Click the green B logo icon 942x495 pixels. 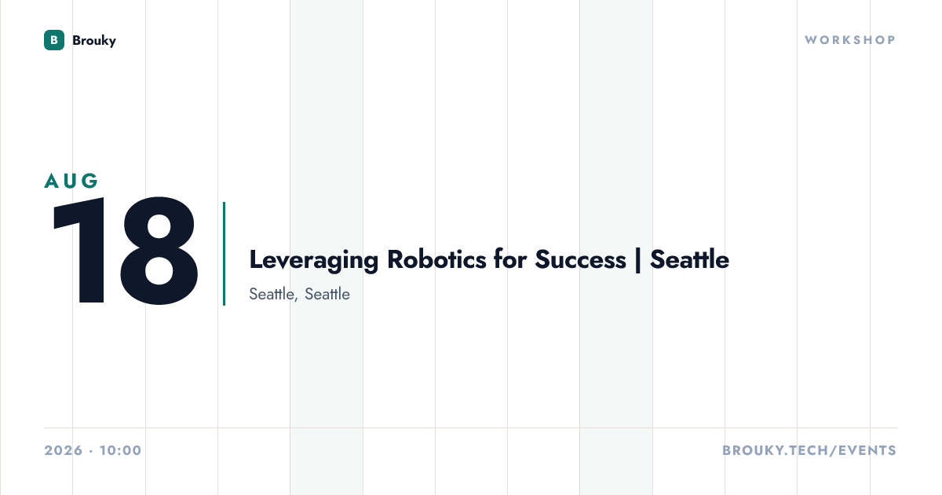[x=54, y=40]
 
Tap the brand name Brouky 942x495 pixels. [x=94, y=41]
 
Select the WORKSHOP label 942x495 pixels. [x=851, y=40]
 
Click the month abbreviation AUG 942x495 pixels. [x=71, y=181]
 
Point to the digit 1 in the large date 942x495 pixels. [x=82, y=250]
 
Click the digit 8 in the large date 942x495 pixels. [x=159, y=250]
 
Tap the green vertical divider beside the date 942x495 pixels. [x=225, y=254]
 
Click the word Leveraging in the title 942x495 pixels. [x=314, y=261]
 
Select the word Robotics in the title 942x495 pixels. [x=436, y=259]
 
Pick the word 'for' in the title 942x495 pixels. [x=509, y=259]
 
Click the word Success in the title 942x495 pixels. [x=580, y=259]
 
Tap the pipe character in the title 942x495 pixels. [x=638, y=261]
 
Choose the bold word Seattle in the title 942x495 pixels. [x=690, y=259]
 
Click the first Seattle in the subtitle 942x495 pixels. [x=272, y=294]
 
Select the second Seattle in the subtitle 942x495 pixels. [x=327, y=294]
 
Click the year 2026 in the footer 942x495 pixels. [x=64, y=450]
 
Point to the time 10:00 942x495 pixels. [x=121, y=450]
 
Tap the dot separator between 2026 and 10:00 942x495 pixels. [x=91, y=451]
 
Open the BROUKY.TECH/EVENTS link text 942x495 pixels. [x=809, y=450]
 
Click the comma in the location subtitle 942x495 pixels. [x=296, y=299]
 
